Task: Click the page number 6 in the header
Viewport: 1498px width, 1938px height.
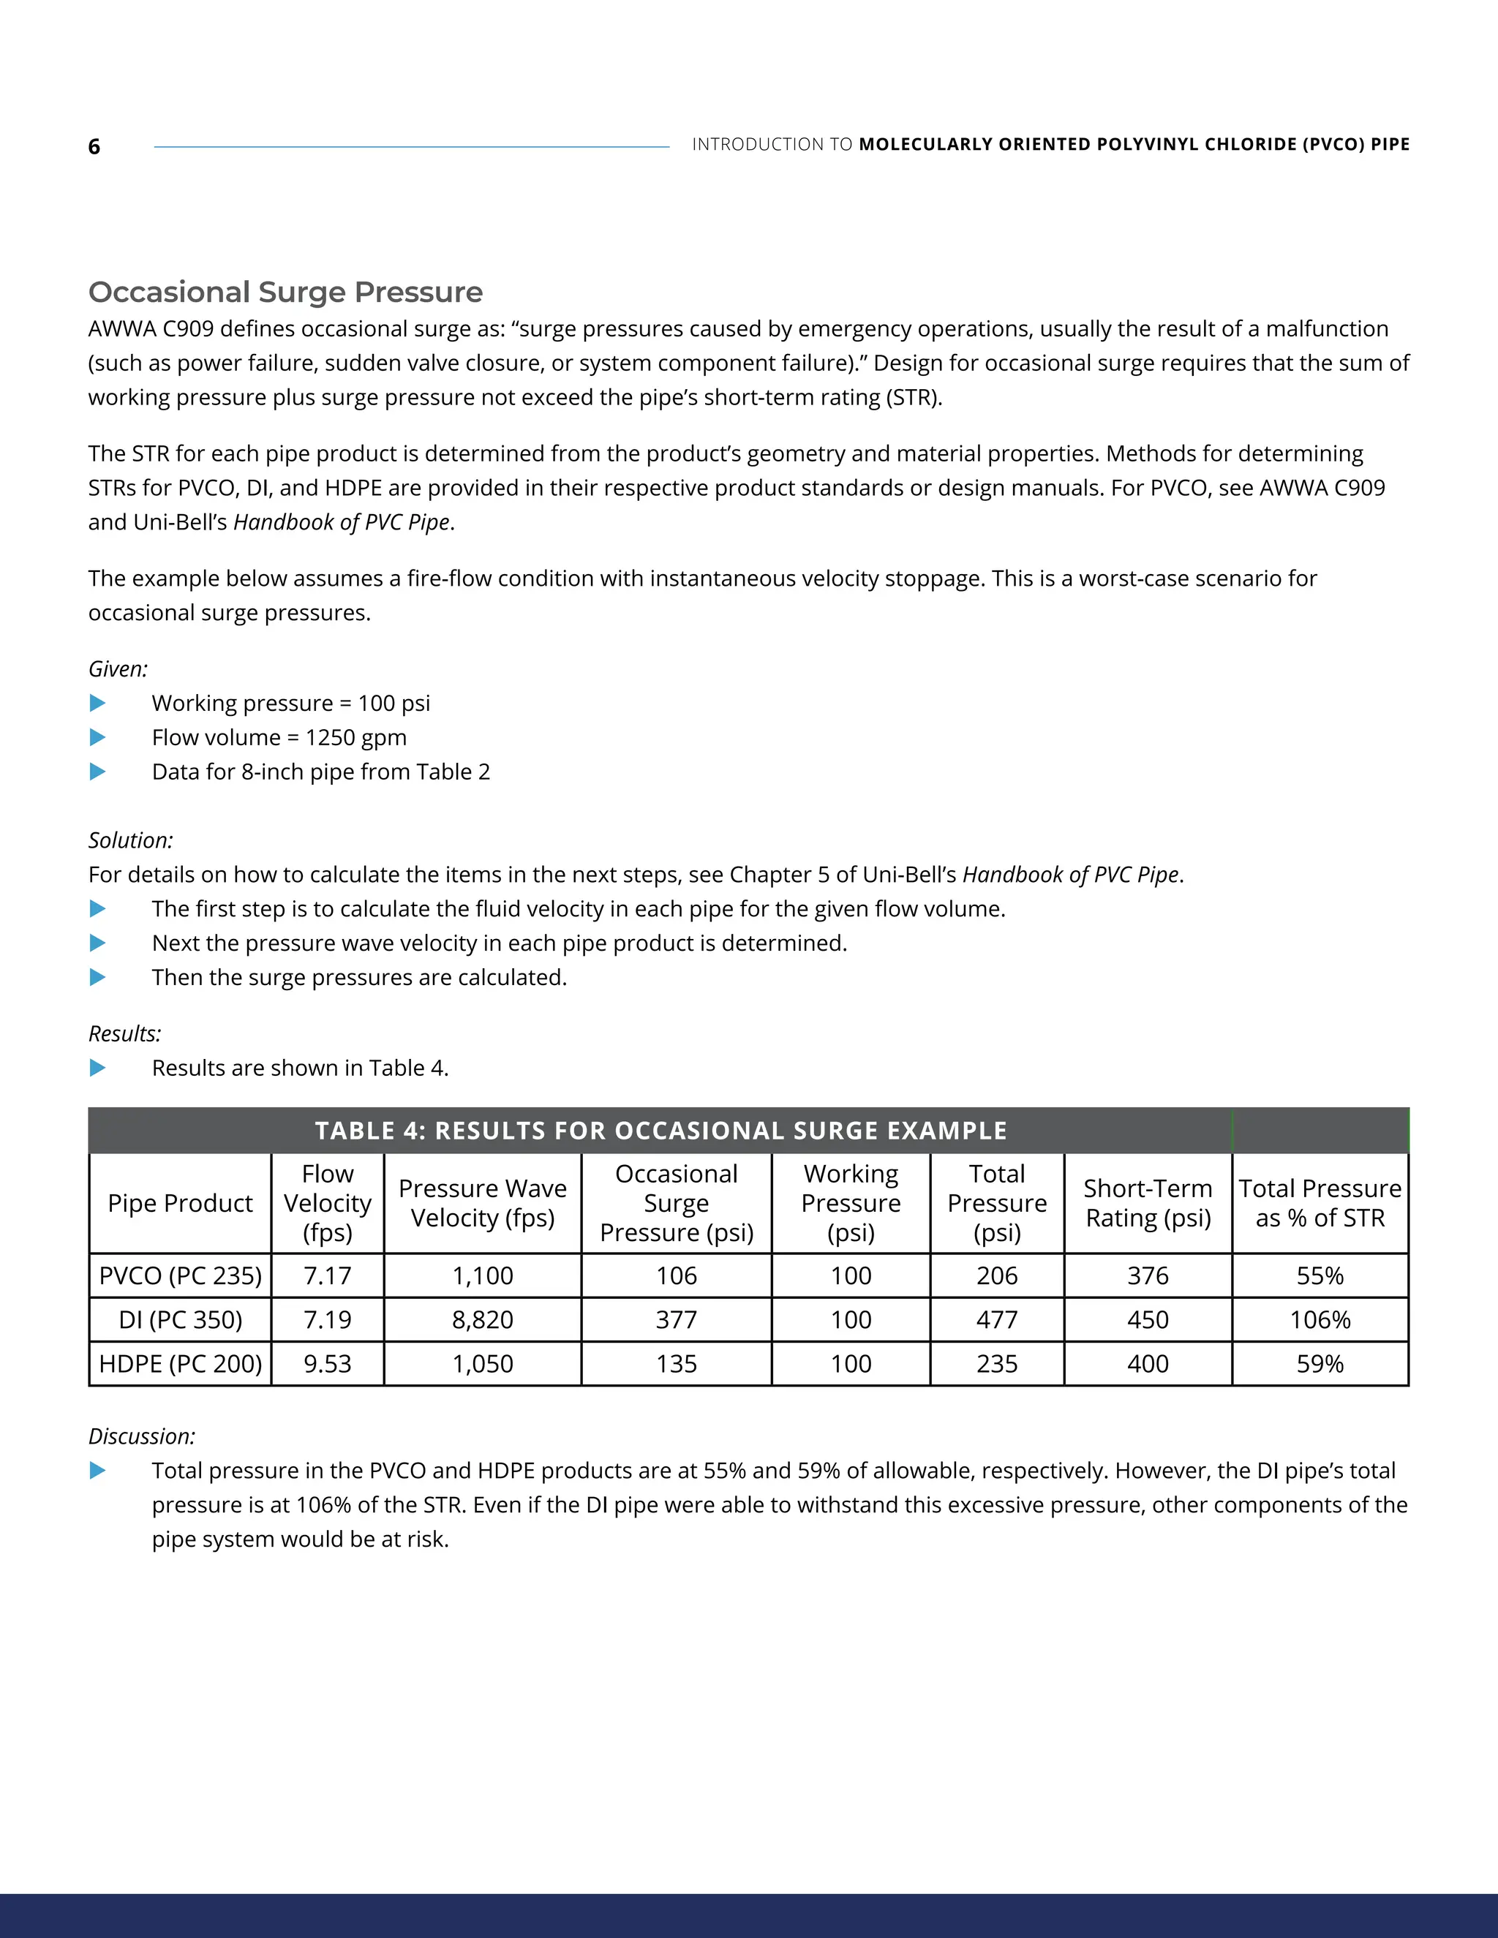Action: tap(94, 147)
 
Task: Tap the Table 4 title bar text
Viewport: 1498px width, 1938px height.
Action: tap(660, 1131)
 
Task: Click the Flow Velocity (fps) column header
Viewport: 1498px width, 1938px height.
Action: tap(328, 1203)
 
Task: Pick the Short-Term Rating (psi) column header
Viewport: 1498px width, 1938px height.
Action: tap(1148, 1203)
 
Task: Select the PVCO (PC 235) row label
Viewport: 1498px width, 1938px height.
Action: tap(180, 1275)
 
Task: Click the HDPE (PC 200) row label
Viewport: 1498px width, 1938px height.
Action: tap(180, 1363)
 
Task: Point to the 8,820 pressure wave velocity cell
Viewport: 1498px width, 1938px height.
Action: tap(482, 1319)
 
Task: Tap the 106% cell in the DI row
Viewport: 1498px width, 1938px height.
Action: tap(1320, 1319)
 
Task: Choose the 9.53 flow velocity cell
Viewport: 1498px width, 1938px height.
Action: tap(328, 1363)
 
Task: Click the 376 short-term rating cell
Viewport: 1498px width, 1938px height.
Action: tap(1148, 1275)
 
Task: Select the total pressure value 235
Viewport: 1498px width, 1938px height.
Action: tap(997, 1363)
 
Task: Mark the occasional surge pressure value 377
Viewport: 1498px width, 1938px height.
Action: tap(677, 1319)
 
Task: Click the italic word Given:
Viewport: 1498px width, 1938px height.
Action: tap(118, 669)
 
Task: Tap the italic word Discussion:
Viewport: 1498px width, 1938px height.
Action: tap(141, 1436)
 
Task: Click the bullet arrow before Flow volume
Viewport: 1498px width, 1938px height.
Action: tap(97, 737)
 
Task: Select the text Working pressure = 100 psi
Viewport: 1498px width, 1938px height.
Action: tap(290, 704)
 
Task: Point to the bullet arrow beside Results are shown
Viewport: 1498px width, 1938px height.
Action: tap(97, 1068)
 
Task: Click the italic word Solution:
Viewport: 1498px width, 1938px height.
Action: tap(130, 840)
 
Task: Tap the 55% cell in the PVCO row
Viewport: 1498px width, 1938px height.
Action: tap(1320, 1275)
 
